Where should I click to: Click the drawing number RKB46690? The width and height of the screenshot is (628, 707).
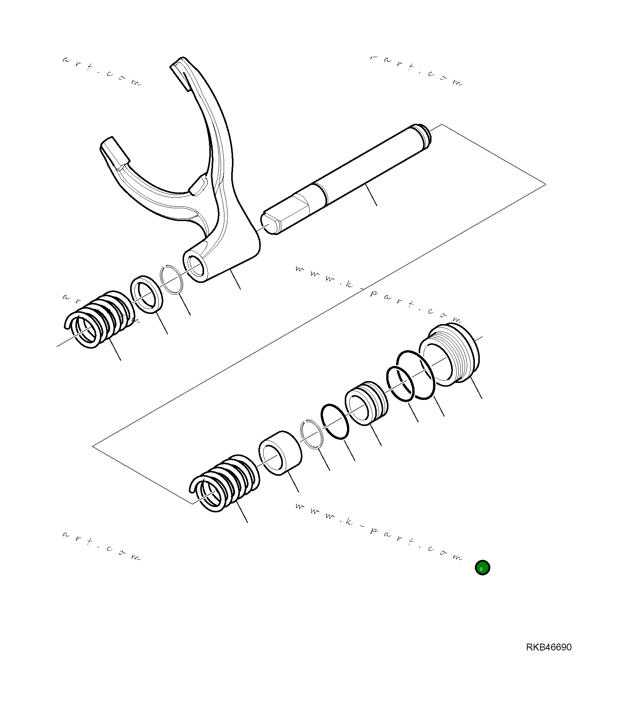coord(548,647)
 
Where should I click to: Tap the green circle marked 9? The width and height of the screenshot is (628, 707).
coord(482,567)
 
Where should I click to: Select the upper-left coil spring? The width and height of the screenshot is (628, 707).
coord(99,319)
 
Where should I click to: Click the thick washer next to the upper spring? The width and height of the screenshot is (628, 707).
coord(147,294)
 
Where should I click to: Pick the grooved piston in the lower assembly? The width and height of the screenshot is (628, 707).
coord(366,403)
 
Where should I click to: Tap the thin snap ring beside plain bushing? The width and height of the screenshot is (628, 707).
coord(312,434)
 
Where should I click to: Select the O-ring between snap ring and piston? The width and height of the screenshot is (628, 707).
coord(335,422)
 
